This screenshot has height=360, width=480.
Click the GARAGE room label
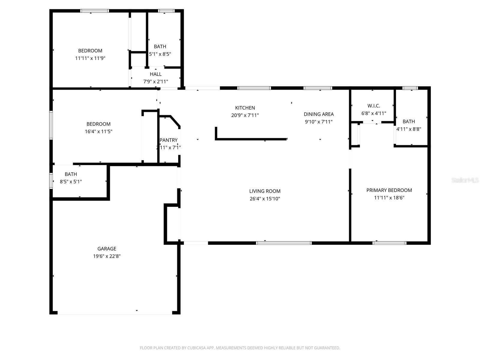[106, 249]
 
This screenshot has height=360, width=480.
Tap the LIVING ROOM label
[265, 191]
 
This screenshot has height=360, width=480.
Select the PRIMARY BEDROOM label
[389, 190]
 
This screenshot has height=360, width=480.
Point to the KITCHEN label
[245, 108]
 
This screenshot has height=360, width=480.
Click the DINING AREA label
[319, 114]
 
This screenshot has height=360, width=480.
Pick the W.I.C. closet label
[373, 106]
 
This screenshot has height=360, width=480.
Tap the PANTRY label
[169, 140]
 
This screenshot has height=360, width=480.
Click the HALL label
[156, 74]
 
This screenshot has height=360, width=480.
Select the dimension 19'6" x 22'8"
[106, 256]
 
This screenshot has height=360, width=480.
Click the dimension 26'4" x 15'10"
[265, 199]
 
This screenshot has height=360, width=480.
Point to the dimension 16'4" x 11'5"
[98, 131]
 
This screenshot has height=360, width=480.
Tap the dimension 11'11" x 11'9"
[90, 58]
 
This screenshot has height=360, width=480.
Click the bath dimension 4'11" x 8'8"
[409, 129]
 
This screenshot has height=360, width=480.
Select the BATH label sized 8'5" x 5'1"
[71, 174]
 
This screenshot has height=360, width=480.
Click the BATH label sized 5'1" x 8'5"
[160, 46]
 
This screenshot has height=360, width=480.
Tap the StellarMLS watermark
[465, 180]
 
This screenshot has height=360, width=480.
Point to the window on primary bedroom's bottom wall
[389, 243]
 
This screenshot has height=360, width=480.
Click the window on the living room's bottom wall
[283, 243]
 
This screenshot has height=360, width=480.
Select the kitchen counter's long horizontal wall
[251, 139]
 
